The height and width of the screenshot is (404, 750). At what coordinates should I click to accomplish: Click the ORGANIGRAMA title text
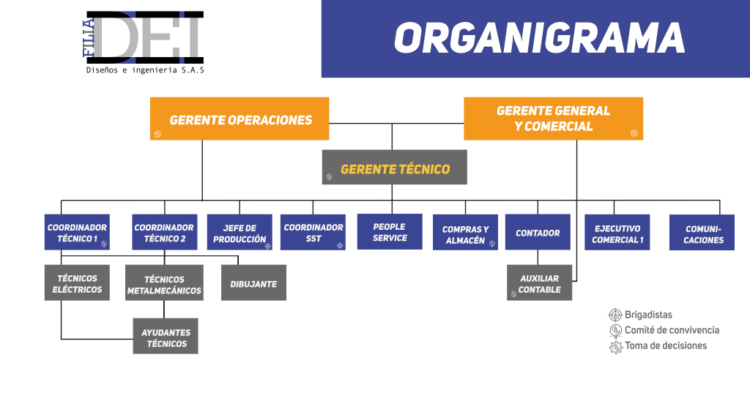[539, 38]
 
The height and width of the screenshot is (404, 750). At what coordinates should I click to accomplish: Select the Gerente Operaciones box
[240, 119]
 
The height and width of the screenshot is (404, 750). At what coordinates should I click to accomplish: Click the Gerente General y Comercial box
[553, 119]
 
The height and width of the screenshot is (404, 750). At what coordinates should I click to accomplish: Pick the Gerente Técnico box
[394, 168]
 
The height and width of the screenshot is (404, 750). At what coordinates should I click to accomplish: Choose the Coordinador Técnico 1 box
[77, 232]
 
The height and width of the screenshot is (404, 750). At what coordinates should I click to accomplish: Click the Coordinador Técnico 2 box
[164, 232]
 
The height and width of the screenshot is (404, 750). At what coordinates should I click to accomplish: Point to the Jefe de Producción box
[240, 233]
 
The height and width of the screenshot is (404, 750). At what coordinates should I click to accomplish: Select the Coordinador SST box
[313, 232]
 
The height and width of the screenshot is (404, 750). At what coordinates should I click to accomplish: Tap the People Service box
[390, 232]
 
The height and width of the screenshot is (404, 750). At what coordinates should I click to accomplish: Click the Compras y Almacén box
[465, 234]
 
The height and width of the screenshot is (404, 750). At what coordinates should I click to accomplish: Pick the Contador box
[538, 233]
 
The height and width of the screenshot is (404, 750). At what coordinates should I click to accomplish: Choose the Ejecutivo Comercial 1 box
[617, 233]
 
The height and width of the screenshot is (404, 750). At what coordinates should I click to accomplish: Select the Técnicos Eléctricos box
[77, 283]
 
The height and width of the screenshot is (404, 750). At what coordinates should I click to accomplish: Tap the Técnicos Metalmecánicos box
[164, 284]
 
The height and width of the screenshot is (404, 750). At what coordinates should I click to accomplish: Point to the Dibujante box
[253, 283]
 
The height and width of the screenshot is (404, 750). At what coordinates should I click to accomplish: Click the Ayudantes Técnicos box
[166, 337]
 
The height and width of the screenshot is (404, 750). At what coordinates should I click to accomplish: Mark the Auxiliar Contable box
[539, 283]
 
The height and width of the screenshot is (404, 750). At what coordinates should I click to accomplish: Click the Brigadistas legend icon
[615, 315]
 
